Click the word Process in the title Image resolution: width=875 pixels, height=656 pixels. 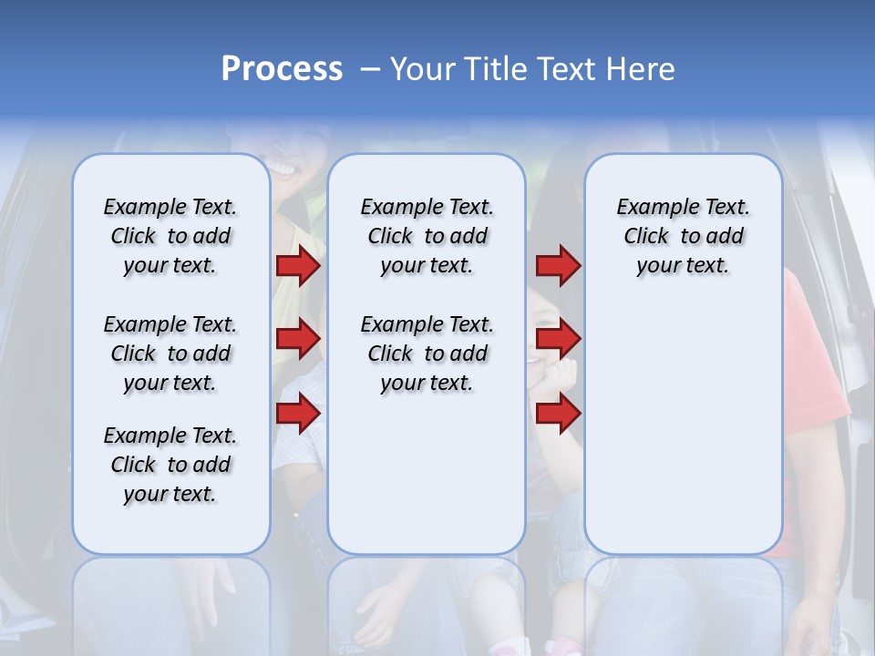point(282,69)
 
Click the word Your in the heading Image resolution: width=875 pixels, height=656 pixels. point(425,69)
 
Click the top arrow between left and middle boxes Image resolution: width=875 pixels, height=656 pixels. point(298,266)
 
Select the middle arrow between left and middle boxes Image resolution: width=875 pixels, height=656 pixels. point(298,339)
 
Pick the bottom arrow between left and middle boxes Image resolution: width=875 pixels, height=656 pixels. point(298,413)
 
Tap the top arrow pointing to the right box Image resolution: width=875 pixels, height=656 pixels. point(558,266)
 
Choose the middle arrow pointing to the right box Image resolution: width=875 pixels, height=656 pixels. point(558,339)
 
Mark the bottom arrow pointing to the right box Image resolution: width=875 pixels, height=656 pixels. point(558,413)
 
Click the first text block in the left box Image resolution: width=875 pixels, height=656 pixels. point(170,236)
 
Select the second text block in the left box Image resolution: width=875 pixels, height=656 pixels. point(170,354)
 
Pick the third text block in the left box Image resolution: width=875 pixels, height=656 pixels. point(170,465)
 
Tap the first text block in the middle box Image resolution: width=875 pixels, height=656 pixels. point(427,236)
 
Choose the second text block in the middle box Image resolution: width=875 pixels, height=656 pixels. point(427,354)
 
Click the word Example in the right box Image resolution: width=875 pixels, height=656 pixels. point(650,207)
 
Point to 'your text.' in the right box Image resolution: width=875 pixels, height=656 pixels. point(683,266)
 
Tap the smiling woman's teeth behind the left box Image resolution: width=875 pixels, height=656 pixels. point(280,169)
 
